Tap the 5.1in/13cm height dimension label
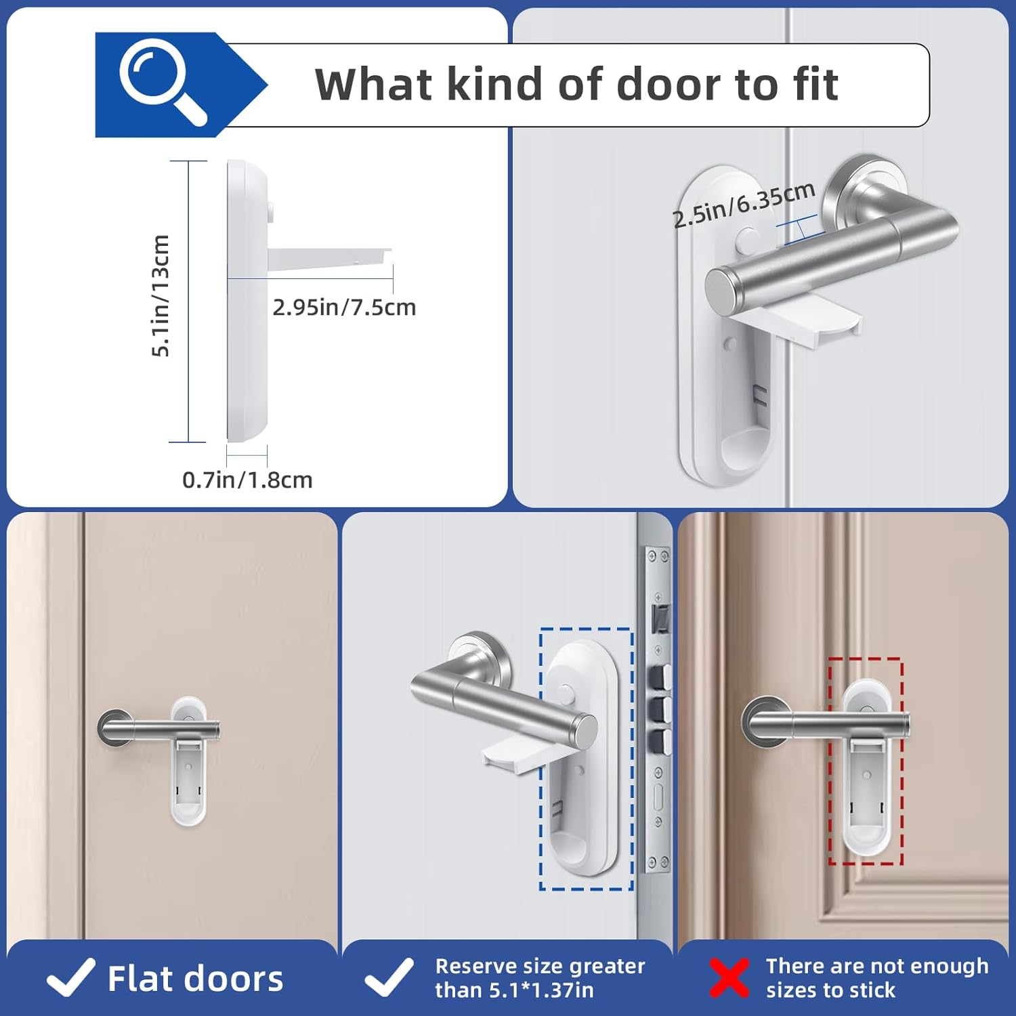(x=160, y=295)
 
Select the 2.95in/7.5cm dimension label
(x=344, y=308)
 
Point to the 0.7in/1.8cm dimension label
(x=247, y=480)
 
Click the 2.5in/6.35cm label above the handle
(x=743, y=204)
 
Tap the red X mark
(x=729, y=978)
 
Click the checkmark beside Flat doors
(x=70, y=978)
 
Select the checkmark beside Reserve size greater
(x=388, y=978)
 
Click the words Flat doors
(x=195, y=979)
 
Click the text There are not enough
(x=876, y=966)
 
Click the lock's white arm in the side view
(x=328, y=258)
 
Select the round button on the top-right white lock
(x=748, y=239)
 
